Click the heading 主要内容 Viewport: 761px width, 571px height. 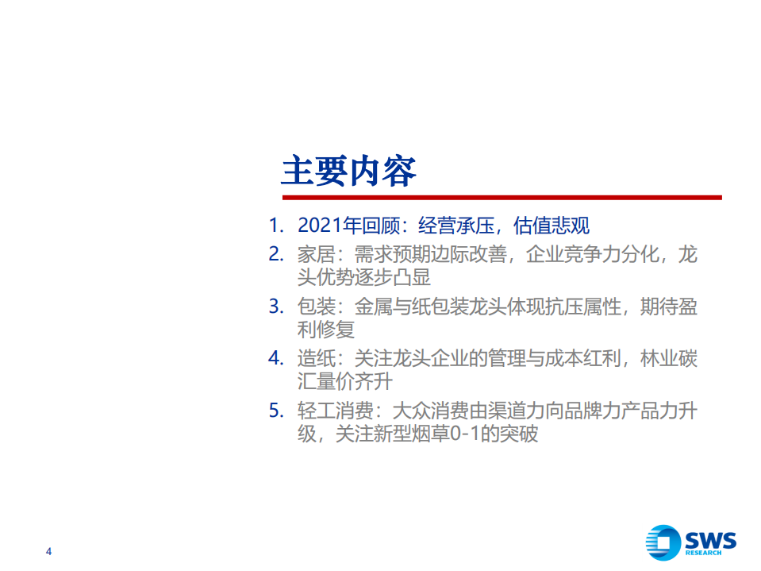[348, 170]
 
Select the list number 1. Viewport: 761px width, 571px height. [275, 226]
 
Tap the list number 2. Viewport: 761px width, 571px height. [275, 255]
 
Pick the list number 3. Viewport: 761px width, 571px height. [275, 307]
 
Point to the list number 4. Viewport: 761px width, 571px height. [275, 358]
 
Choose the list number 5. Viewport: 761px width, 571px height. [275, 411]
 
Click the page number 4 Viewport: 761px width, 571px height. [50, 552]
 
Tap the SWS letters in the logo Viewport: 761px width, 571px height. [709, 539]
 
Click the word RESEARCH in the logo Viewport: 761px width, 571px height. [704, 553]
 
